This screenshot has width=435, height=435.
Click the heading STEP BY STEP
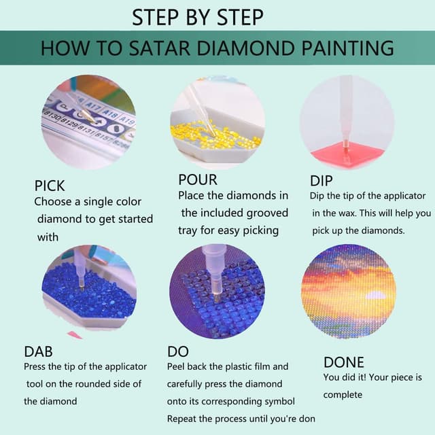pyautogui.click(x=198, y=17)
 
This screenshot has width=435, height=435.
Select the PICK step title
pyautogui.click(x=50, y=186)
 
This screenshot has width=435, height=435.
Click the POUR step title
pyautogui.click(x=198, y=179)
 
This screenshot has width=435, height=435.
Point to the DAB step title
pyautogui.click(x=38, y=351)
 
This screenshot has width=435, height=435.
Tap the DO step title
pyautogui.click(x=177, y=351)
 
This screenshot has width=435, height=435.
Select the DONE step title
pyautogui.click(x=343, y=362)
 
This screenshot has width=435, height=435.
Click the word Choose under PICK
pyautogui.click(x=53, y=202)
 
